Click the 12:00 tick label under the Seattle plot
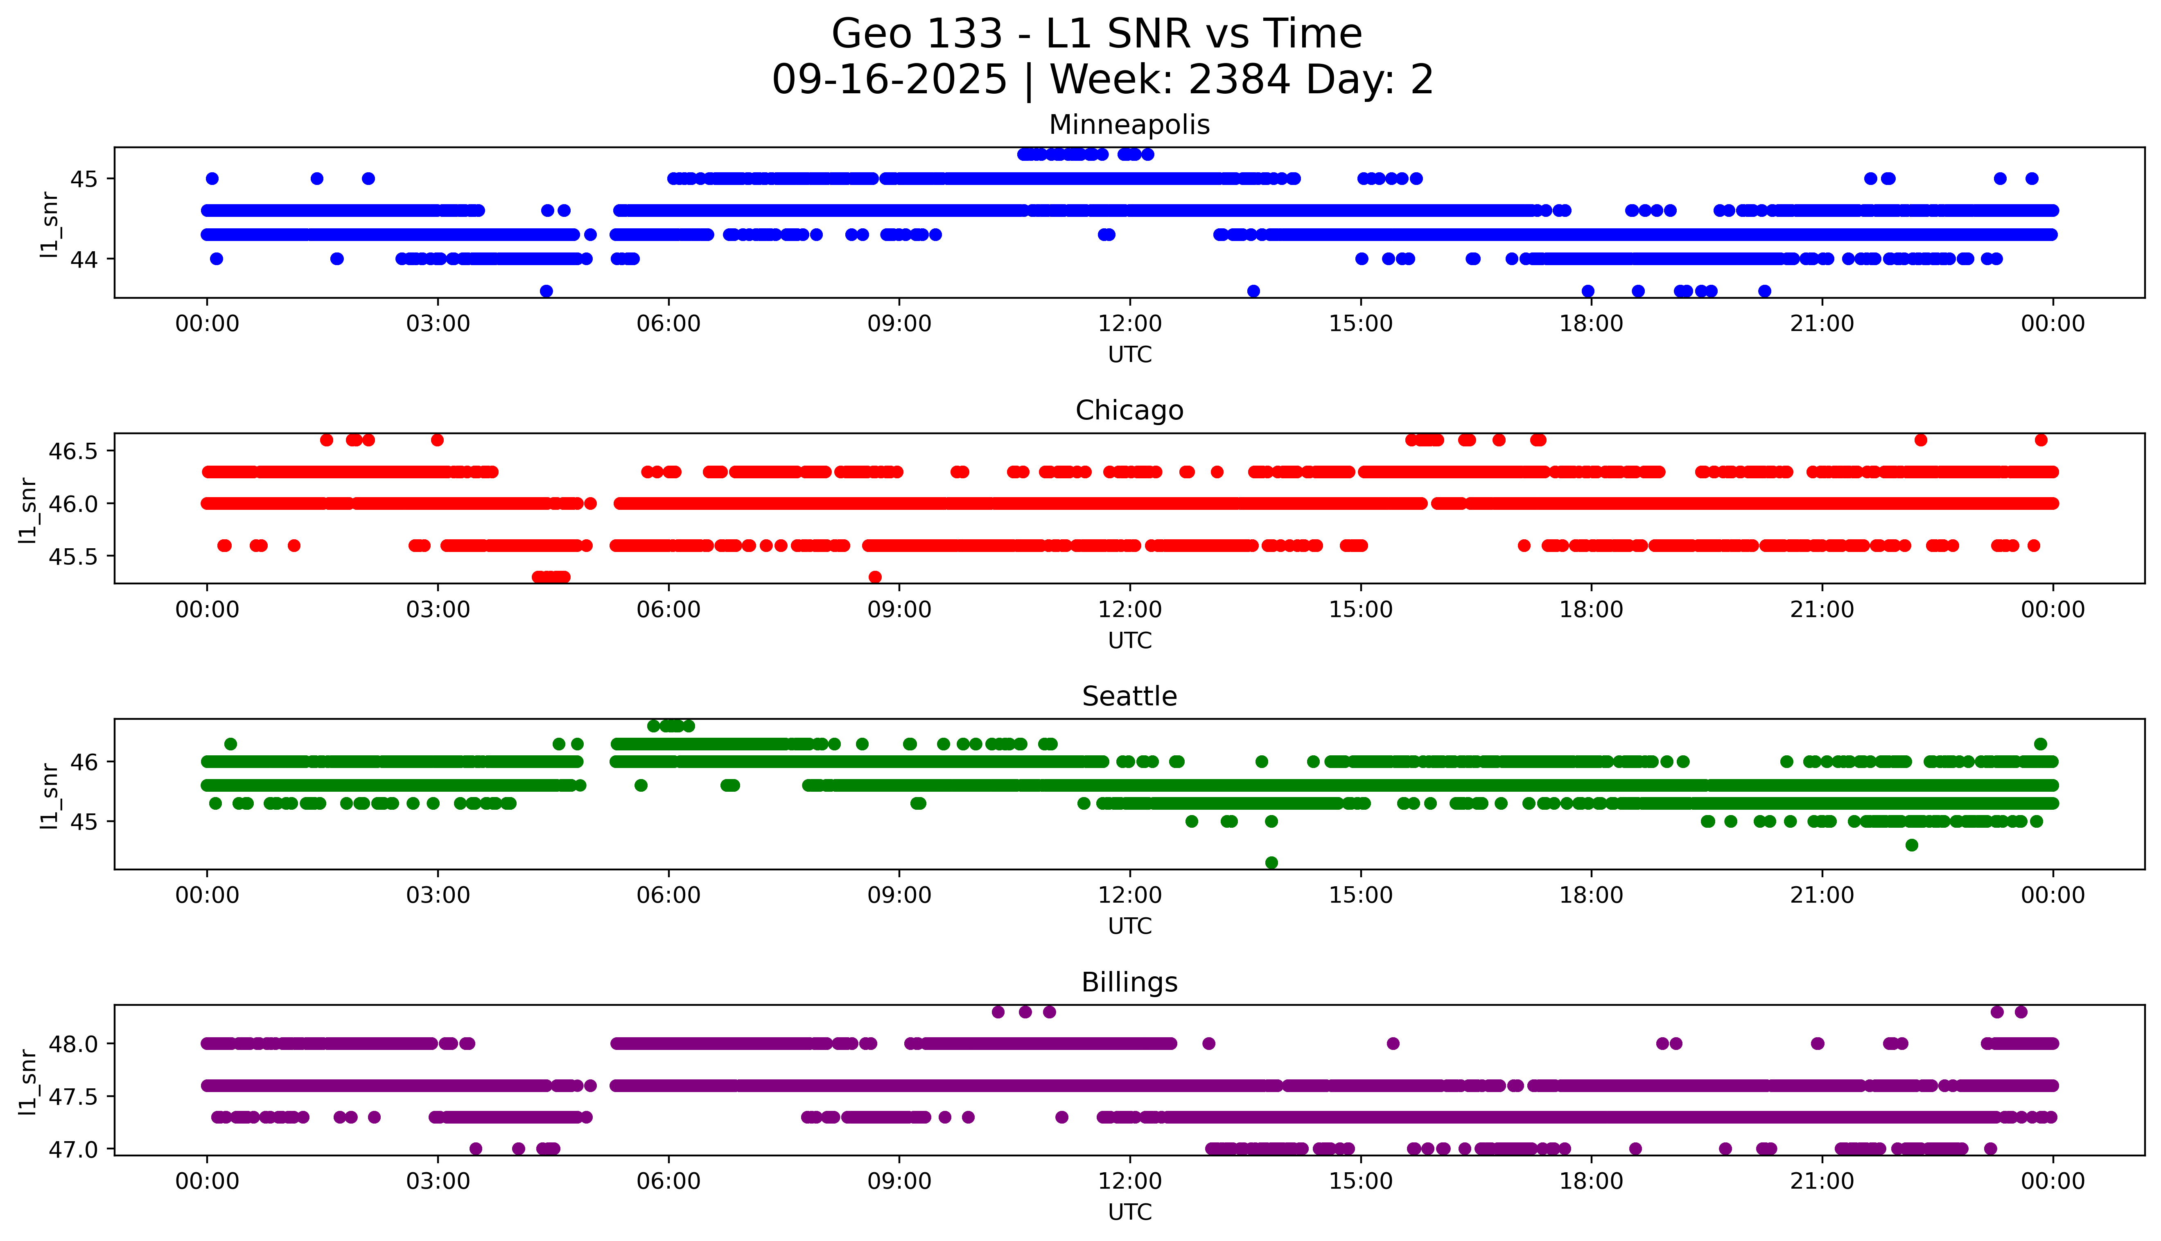[x=1129, y=896]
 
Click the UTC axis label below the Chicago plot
[x=1129, y=640]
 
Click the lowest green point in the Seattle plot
[x=1271, y=863]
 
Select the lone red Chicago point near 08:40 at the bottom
[x=875, y=577]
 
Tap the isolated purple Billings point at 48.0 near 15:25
[x=1393, y=1043]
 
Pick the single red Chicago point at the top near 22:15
[x=1921, y=440]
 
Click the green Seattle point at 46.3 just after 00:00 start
[x=230, y=744]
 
